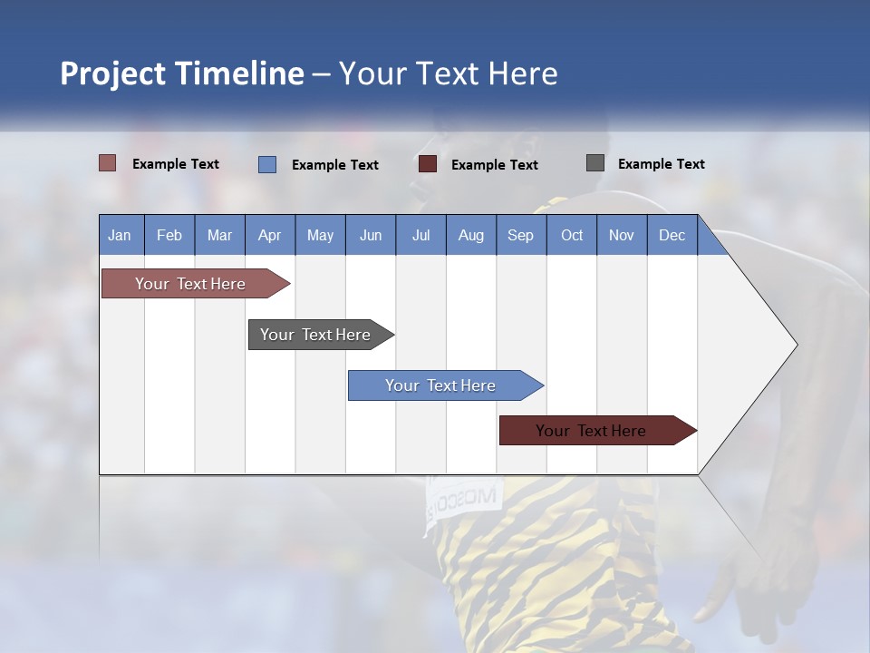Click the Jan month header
click(x=121, y=235)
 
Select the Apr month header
click(x=270, y=235)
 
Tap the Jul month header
click(x=420, y=235)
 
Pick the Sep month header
click(x=521, y=235)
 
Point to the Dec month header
click(x=672, y=235)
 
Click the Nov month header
click(x=622, y=235)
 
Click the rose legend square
click(x=107, y=163)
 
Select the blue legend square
click(x=266, y=164)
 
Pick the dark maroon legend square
click(x=428, y=164)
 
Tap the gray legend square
click(x=594, y=163)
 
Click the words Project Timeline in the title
click(x=181, y=73)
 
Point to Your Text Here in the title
click(x=449, y=73)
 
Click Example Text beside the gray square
click(x=661, y=164)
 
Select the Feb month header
click(x=169, y=235)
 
